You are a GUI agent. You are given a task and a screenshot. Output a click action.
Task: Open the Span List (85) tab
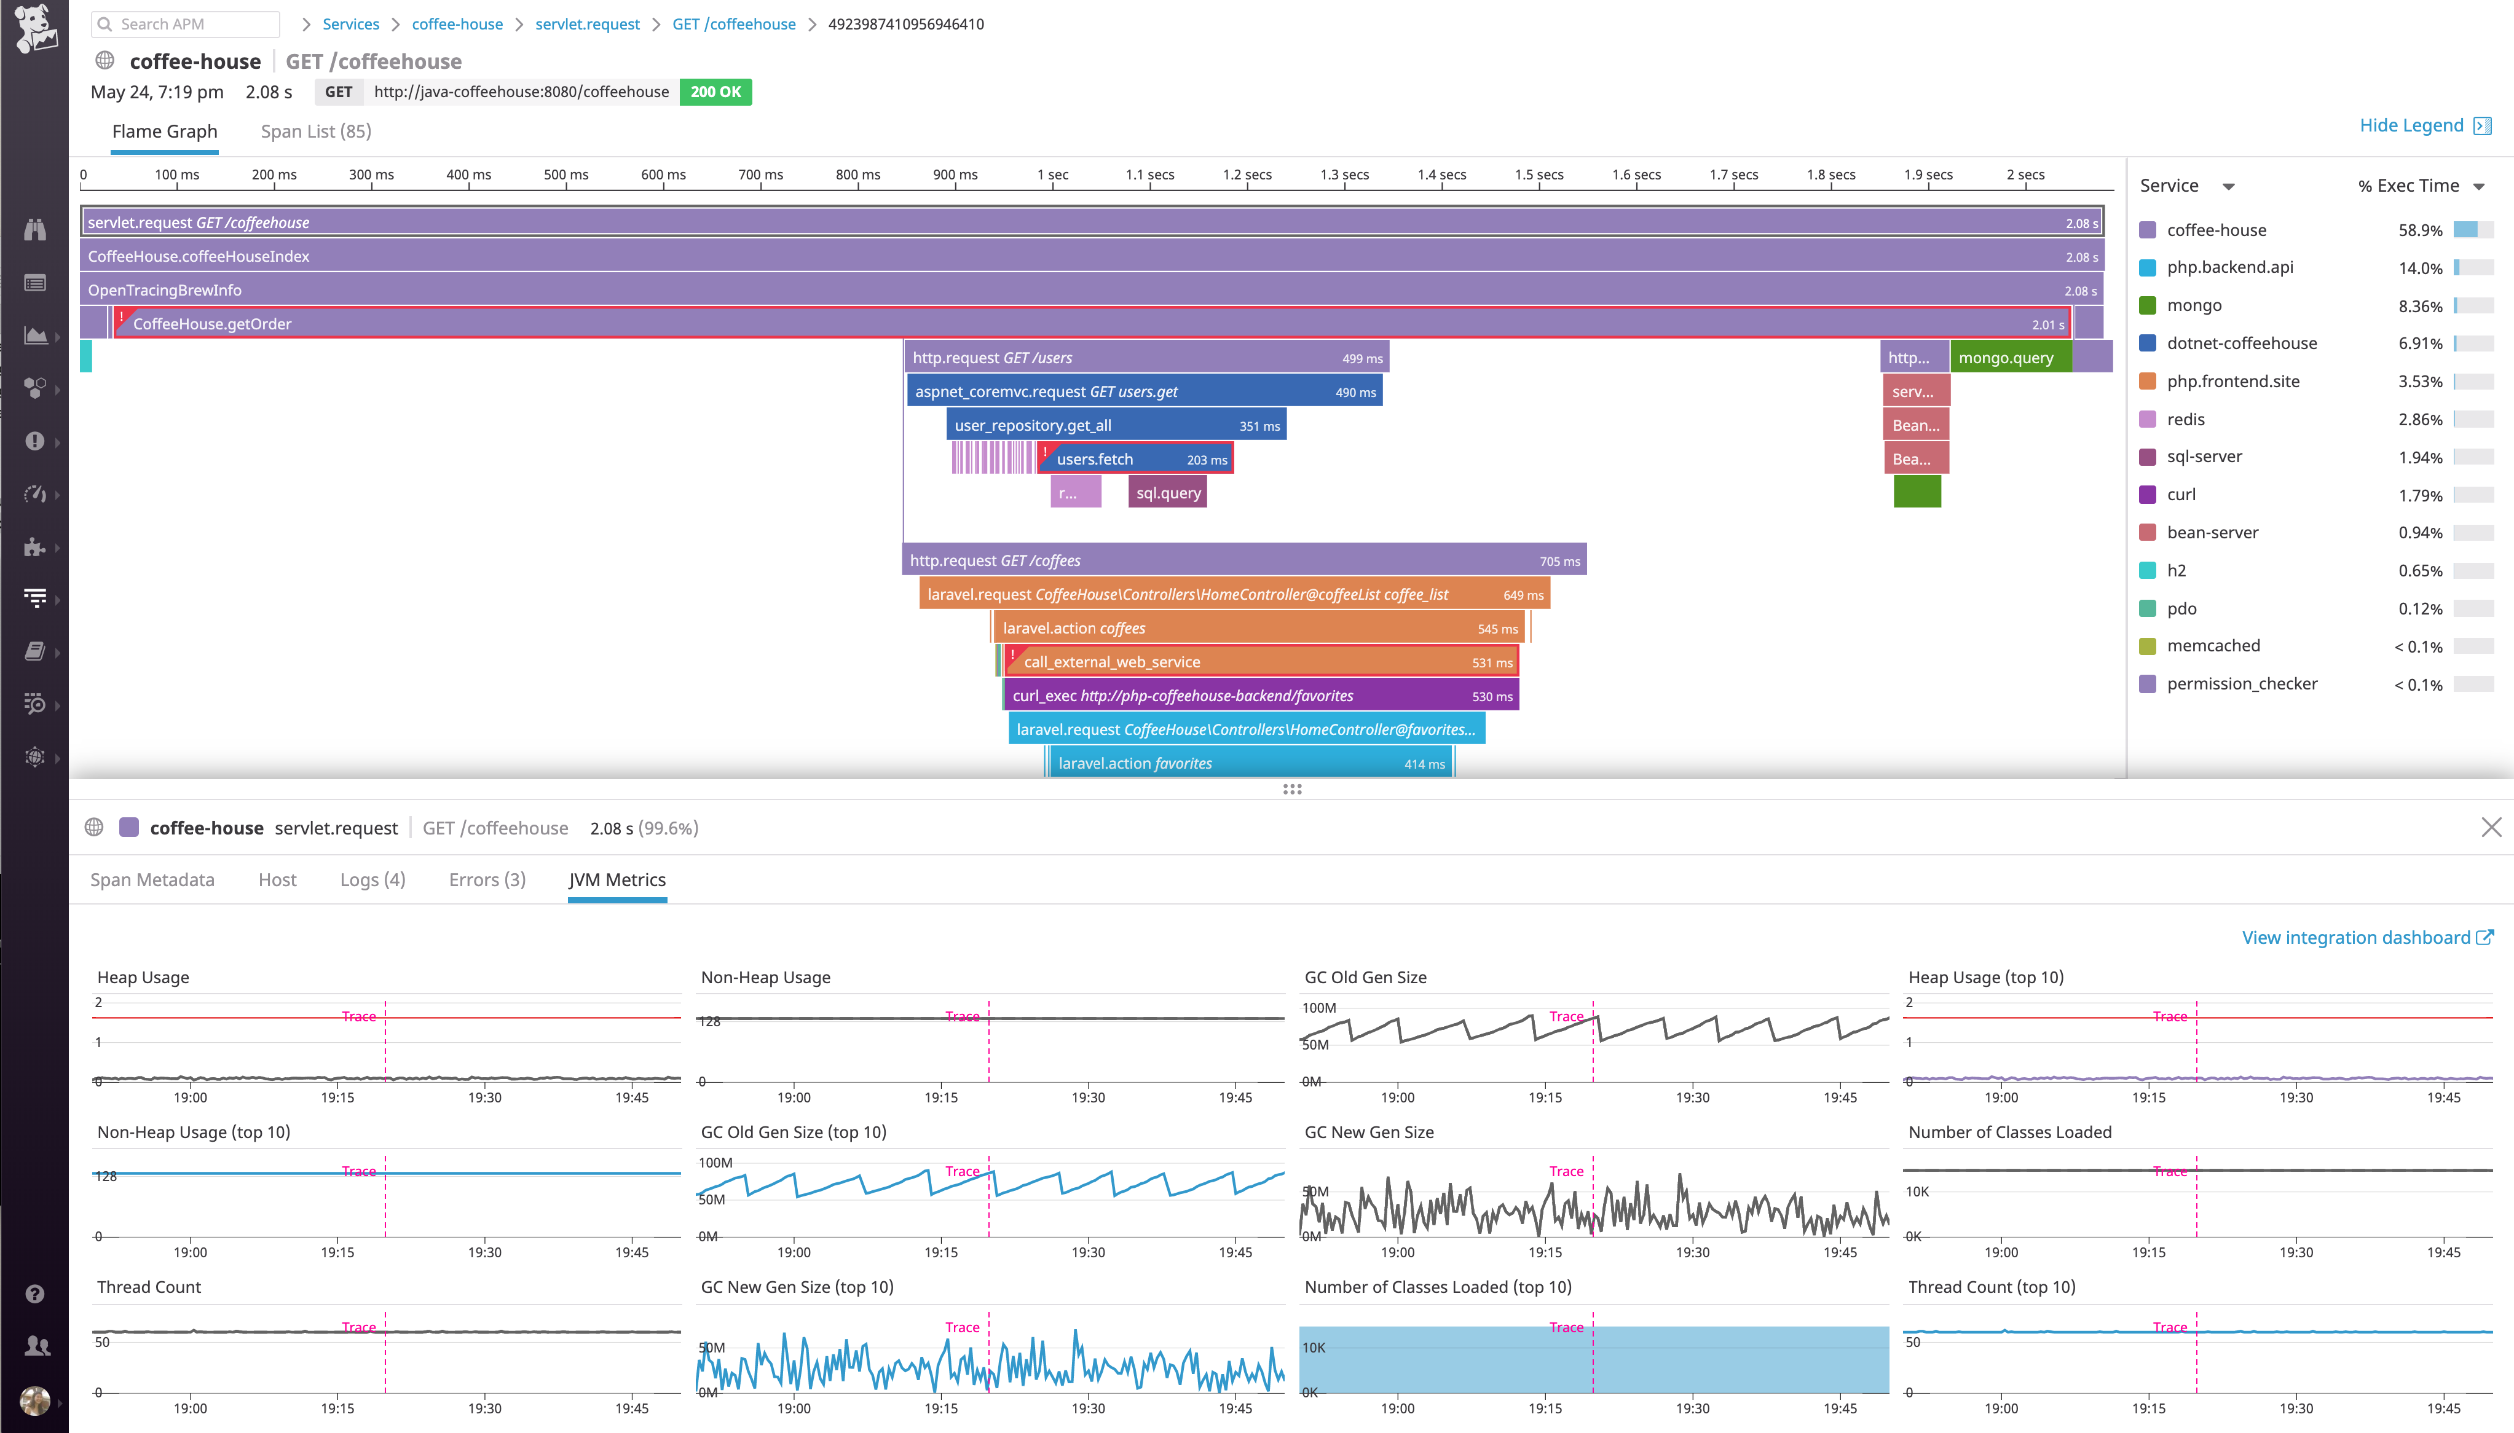pyautogui.click(x=315, y=131)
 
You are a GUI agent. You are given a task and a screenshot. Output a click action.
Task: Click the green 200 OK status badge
pyautogui.click(x=715, y=92)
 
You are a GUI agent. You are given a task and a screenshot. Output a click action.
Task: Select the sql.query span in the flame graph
pyautogui.click(x=1167, y=493)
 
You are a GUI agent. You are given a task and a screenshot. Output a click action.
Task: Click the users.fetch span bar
pyautogui.click(x=1135, y=458)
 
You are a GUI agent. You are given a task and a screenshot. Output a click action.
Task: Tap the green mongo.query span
pyautogui.click(x=2008, y=357)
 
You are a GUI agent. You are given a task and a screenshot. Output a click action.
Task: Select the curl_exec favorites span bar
pyautogui.click(x=1260, y=696)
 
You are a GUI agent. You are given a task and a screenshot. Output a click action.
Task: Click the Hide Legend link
pyautogui.click(x=2411, y=125)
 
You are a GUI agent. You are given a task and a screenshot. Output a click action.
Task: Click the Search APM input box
pyautogui.click(x=187, y=23)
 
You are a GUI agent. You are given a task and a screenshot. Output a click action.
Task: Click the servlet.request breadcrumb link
pyautogui.click(x=586, y=23)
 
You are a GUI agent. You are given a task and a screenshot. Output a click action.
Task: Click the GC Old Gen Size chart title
pyautogui.click(x=1365, y=977)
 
